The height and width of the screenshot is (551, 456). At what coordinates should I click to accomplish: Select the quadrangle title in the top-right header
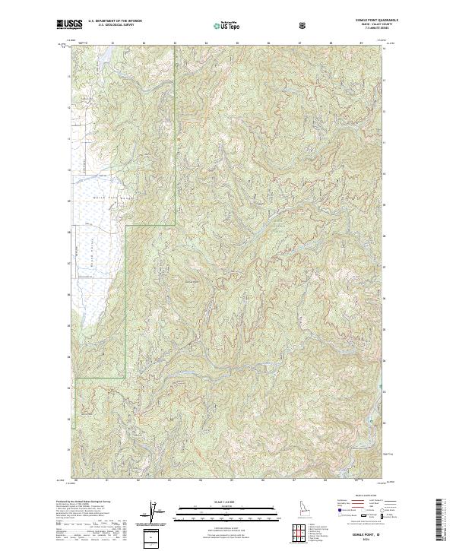click(378, 21)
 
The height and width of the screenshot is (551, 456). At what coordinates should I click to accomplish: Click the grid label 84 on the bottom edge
click(201, 481)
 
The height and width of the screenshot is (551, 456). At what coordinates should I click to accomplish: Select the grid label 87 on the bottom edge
click(294, 481)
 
